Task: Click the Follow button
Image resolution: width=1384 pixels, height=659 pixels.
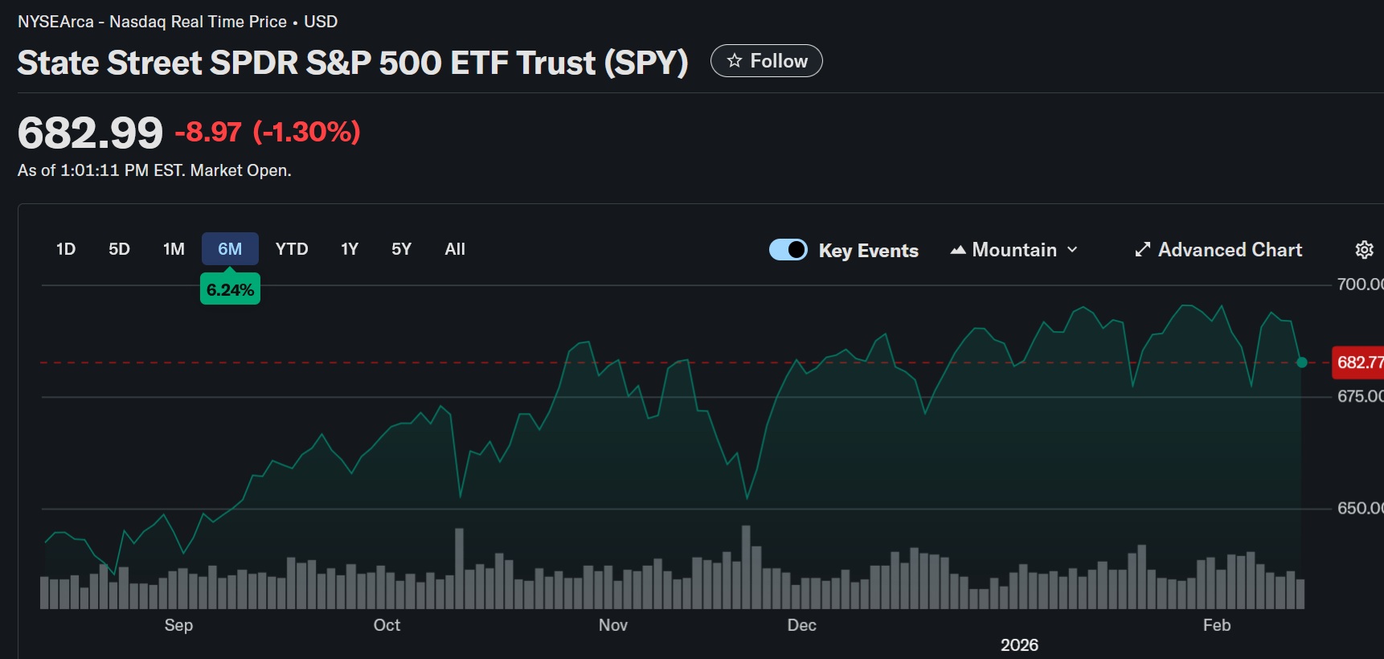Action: (x=766, y=61)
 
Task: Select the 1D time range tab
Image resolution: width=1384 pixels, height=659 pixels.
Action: (x=66, y=249)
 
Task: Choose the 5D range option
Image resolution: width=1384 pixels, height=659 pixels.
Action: (x=119, y=249)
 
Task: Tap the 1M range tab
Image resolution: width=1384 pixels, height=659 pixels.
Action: (x=174, y=249)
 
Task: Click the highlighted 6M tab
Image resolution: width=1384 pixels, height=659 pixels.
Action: (x=230, y=249)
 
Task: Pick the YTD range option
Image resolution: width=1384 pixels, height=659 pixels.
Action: (x=292, y=249)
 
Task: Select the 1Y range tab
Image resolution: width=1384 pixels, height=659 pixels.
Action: (x=350, y=249)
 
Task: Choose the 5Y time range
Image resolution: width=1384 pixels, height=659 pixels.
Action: (x=401, y=249)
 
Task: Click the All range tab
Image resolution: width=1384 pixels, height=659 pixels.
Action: (x=455, y=249)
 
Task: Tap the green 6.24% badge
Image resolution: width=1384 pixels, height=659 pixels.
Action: (x=230, y=290)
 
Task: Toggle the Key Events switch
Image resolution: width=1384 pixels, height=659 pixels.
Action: (x=788, y=250)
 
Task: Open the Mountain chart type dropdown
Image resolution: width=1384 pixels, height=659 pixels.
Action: (x=1014, y=250)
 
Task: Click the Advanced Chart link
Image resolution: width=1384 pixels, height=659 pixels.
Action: (x=1218, y=250)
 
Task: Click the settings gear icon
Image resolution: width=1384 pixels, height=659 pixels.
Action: (x=1364, y=250)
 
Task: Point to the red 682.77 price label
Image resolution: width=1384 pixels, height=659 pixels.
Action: (x=1359, y=362)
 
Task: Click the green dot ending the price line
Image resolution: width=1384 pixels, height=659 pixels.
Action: (x=1302, y=362)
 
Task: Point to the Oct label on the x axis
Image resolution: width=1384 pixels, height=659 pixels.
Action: (x=387, y=625)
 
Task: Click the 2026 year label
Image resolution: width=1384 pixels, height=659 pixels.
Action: (x=1019, y=645)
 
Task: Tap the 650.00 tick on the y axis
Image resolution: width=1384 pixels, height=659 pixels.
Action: (x=1359, y=508)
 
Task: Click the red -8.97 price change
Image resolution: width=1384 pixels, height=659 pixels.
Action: (x=208, y=132)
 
